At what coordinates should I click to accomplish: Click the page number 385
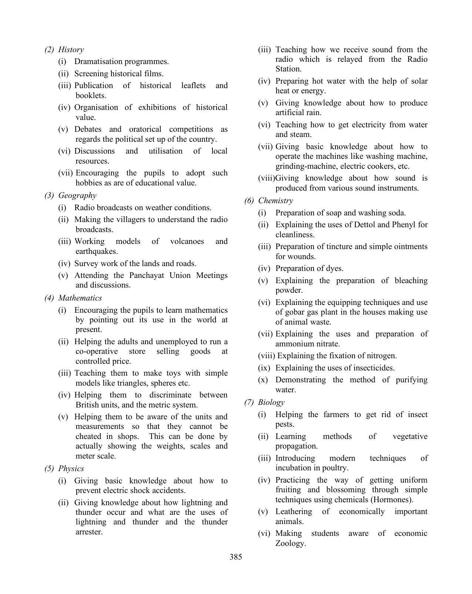pos(236,557)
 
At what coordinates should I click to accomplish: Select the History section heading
pos(71,50)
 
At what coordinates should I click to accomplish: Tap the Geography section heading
pos(77,195)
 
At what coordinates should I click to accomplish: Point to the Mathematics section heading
pos(80,298)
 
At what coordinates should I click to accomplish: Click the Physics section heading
pos(71,469)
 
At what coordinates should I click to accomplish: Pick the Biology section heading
pos(271,402)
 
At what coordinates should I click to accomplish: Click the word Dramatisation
pos(98,61)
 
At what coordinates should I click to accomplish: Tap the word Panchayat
pos(147,275)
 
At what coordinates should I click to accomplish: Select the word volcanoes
pos(187,241)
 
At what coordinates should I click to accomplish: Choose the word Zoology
pos(291,543)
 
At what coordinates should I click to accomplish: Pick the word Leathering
pos(294,511)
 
